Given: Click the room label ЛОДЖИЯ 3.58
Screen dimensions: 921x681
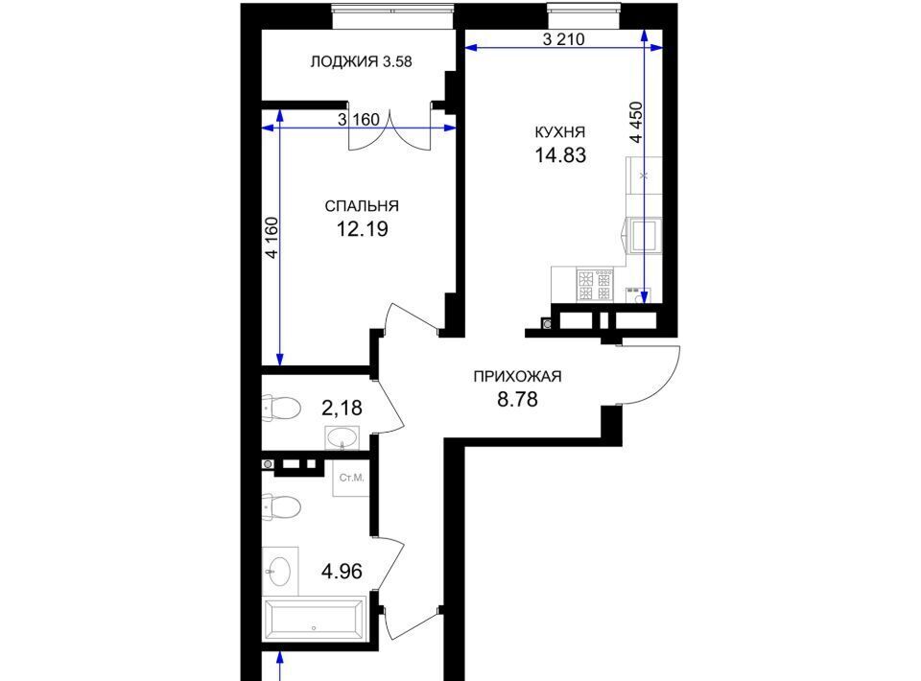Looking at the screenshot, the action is (x=361, y=61).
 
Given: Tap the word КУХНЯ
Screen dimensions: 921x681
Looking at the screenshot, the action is (x=559, y=132).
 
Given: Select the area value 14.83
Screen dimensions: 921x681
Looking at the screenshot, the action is (x=560, y=155).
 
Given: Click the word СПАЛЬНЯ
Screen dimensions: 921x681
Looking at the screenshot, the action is (x=362, y=206).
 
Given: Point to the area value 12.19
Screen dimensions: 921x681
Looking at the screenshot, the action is (x=362, y=229).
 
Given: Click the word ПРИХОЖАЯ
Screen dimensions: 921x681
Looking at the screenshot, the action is (x=517, y=376).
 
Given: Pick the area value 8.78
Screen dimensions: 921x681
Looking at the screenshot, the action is (x=517, y=399).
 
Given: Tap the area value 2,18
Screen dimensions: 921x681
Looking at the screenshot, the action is (x=342, y=408).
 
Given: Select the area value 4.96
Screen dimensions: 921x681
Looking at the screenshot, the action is (x=342, y=571).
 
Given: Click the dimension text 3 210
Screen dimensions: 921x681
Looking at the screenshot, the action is (x=564, y=39).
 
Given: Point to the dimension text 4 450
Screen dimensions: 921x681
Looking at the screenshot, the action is (x=636, y=122).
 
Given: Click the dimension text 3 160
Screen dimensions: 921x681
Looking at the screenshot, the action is (x=359, y=120).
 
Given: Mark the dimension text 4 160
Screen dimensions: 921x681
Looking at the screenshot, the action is (x=272, y=238).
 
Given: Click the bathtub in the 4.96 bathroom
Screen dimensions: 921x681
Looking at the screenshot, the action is (x=316, y=619).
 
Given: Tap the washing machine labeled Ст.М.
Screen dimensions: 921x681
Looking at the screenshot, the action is (x=351, y=478).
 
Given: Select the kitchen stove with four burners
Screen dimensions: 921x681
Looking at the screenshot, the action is (x=595, y=285).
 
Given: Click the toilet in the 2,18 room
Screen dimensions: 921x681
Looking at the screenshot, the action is (x=281, y=408).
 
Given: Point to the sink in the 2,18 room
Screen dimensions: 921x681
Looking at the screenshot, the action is (x=342, y=438).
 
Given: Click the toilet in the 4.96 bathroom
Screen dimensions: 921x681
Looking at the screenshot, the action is (x=281, y=506).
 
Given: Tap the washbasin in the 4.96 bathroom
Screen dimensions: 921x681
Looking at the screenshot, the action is (x=279, y=571).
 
